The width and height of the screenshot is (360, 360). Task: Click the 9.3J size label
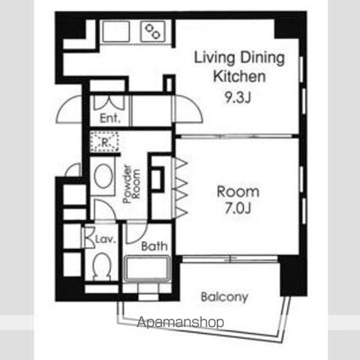238,97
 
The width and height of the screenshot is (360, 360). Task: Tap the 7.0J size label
238,208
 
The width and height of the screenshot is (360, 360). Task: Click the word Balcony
224,297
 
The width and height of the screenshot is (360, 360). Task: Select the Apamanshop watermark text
180,322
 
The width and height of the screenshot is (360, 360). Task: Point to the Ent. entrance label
110,119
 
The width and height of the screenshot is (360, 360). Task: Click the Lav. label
106,240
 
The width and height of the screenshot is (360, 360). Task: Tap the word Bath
154,246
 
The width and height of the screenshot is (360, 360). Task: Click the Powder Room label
131,184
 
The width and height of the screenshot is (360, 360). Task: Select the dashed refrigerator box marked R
104,141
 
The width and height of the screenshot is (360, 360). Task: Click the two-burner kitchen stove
153,31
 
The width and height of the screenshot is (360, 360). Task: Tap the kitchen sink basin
116,31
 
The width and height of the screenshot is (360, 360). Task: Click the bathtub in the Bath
147,269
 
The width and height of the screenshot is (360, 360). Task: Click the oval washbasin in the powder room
103,175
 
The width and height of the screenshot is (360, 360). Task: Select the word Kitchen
239,76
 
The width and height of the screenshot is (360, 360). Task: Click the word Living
214,58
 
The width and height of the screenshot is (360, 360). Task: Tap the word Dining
263,58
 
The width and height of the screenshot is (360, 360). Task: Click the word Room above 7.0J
238,191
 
